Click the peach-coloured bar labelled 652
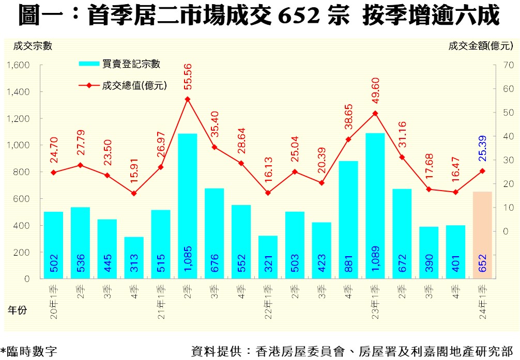482,235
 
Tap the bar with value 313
134,258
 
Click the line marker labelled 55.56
188,99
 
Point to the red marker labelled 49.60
375,113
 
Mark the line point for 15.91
134,193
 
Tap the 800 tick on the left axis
22,172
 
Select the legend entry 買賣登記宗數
131,64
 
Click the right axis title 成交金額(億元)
480,45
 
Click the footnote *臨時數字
29,351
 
